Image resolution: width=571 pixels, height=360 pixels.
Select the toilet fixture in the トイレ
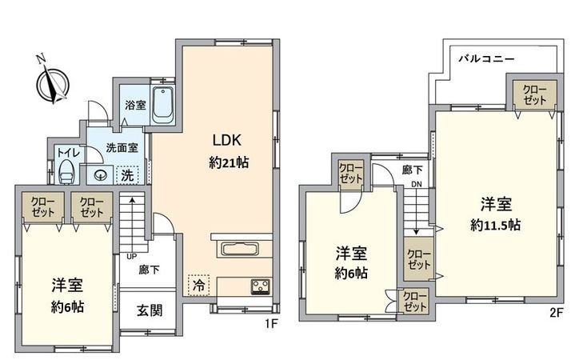pos(66,169)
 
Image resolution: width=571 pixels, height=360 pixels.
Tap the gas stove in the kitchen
pos(261,284)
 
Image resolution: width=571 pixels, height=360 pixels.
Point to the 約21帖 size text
pos(228,162)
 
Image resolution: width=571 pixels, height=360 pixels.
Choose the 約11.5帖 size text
pos(496,226)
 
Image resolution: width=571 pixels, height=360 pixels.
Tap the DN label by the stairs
pos(416,186)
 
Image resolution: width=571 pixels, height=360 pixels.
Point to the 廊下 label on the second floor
pos(413,170)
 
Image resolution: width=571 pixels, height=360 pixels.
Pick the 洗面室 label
pos(122,148)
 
